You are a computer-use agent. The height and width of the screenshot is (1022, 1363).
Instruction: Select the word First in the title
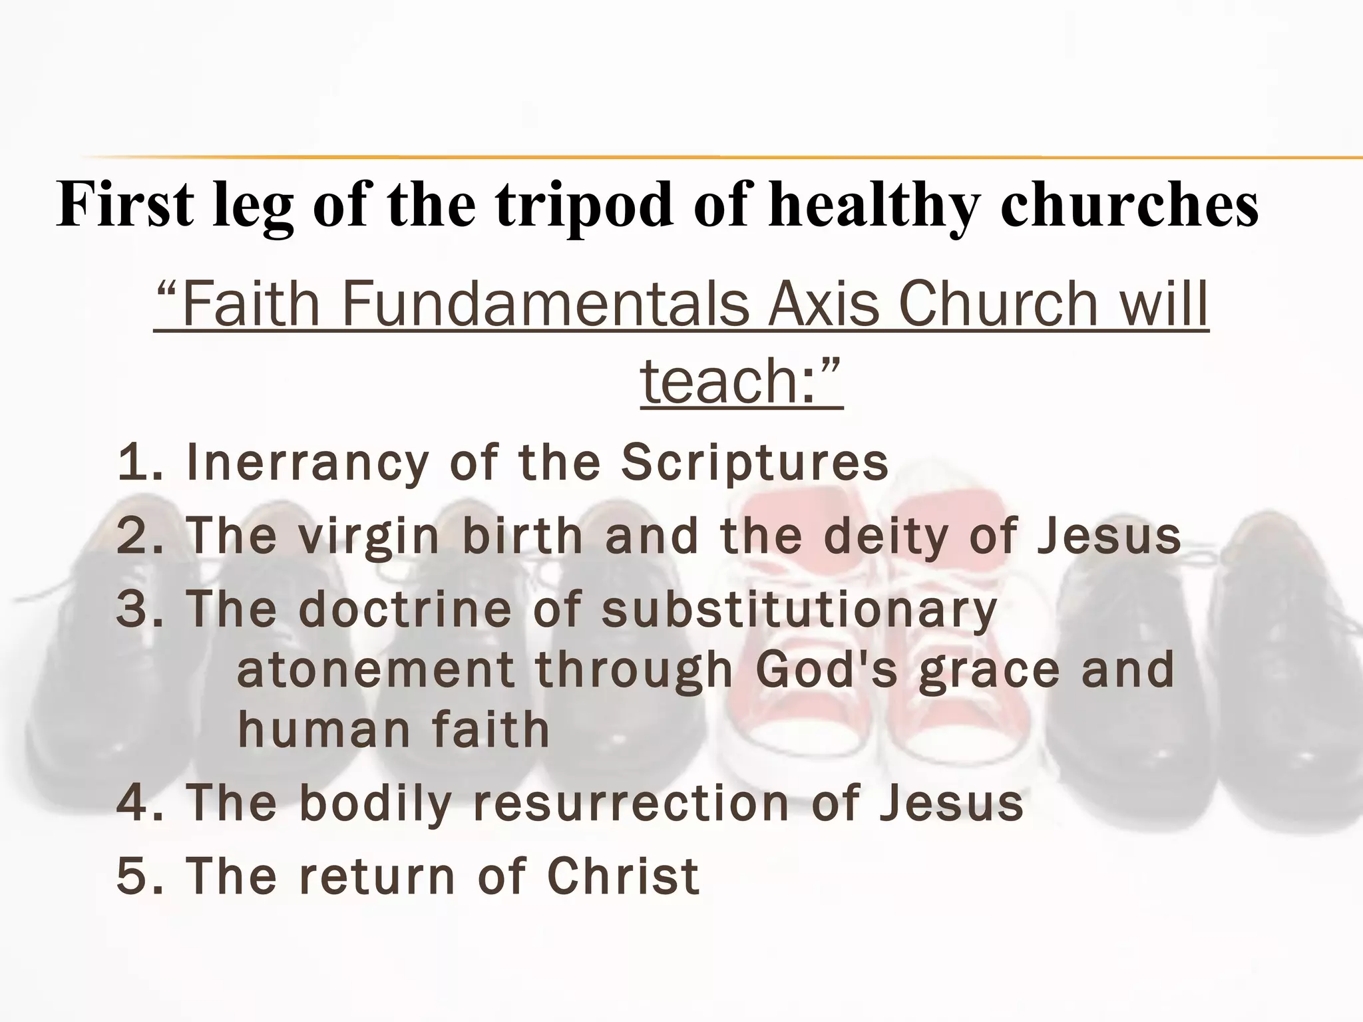pyautogui.click(x=125, y=204)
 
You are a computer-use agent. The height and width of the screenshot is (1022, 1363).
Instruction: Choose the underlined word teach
pyautogui.click(x=725, y=381)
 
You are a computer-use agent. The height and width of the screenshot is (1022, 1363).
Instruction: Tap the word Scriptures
pyautogui.click(x=755, y=463)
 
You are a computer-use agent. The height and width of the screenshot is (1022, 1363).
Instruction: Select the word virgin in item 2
pyautogui.click(x=369, y=536)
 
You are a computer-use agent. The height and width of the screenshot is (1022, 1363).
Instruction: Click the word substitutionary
pyautogui.click(x=799, y=609)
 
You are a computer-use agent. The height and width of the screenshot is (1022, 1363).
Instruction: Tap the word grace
pyautogui.click(x=989, y=671)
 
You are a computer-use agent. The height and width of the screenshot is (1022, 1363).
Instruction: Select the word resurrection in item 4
pyautogui.click(x=632, y=803)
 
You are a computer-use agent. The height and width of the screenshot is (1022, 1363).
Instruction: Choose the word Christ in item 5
pyautogui.click(x=623, y=876)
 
